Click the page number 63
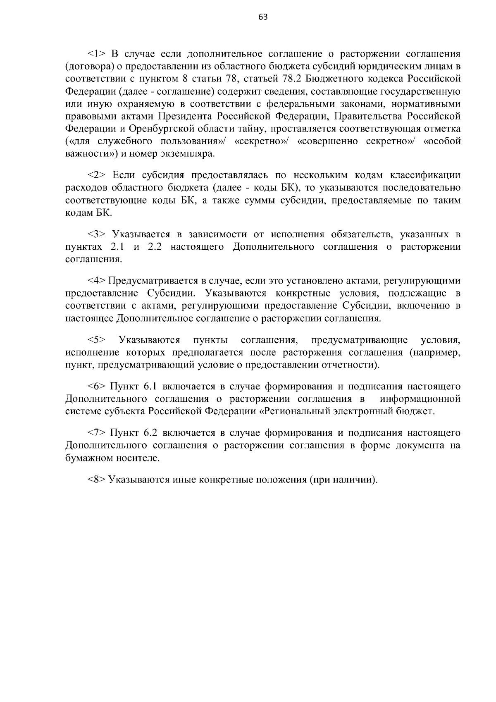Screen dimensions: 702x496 click(x=263, y=17)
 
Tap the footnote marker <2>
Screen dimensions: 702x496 click(x=97, y=175)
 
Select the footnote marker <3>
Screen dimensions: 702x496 click(x=97, y=234)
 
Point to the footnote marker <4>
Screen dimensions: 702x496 click(x=97, y=281)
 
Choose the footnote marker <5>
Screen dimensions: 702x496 click(x=97, y=340)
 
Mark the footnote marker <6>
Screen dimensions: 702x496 click(x=97, y=387)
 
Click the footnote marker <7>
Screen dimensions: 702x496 click(x=97, y=433)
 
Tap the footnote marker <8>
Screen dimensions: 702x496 click(x=97, y=480)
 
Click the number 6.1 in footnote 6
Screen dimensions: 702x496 click(x=151, y=387)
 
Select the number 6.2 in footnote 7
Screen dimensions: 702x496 click(x=151, y=433)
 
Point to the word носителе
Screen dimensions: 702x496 click(x=136, y=458)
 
